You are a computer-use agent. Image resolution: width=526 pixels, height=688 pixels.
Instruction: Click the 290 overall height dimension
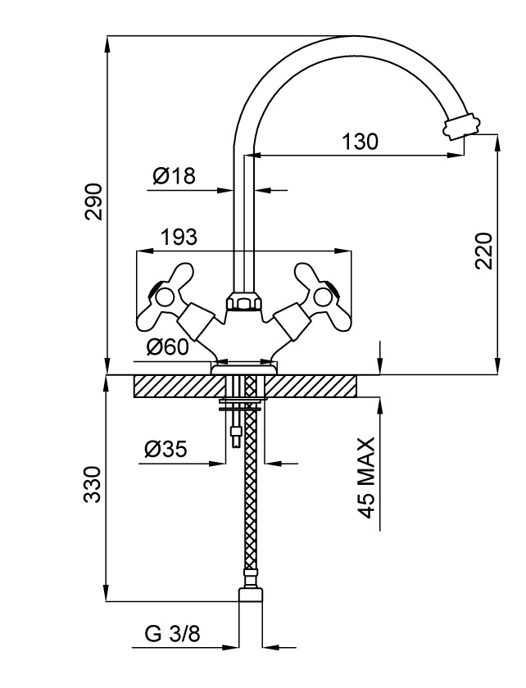coord(94,201)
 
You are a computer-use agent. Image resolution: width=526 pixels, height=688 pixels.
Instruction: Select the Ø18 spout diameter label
coord(174,176)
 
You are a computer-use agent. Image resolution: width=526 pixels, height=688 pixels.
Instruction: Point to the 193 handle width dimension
coord(179,238)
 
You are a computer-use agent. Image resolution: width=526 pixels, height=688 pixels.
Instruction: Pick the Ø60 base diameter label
coord(168,347)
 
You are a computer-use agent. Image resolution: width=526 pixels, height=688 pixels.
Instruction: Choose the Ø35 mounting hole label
coord(166,449)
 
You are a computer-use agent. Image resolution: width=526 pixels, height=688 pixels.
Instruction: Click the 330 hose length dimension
coord(94,485)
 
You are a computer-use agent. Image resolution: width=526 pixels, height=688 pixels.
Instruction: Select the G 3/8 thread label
coord(171,634)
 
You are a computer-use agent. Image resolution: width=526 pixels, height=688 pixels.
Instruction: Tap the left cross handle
coord(173,296)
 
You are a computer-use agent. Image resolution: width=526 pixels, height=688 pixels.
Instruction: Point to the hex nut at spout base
coord(244,303)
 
